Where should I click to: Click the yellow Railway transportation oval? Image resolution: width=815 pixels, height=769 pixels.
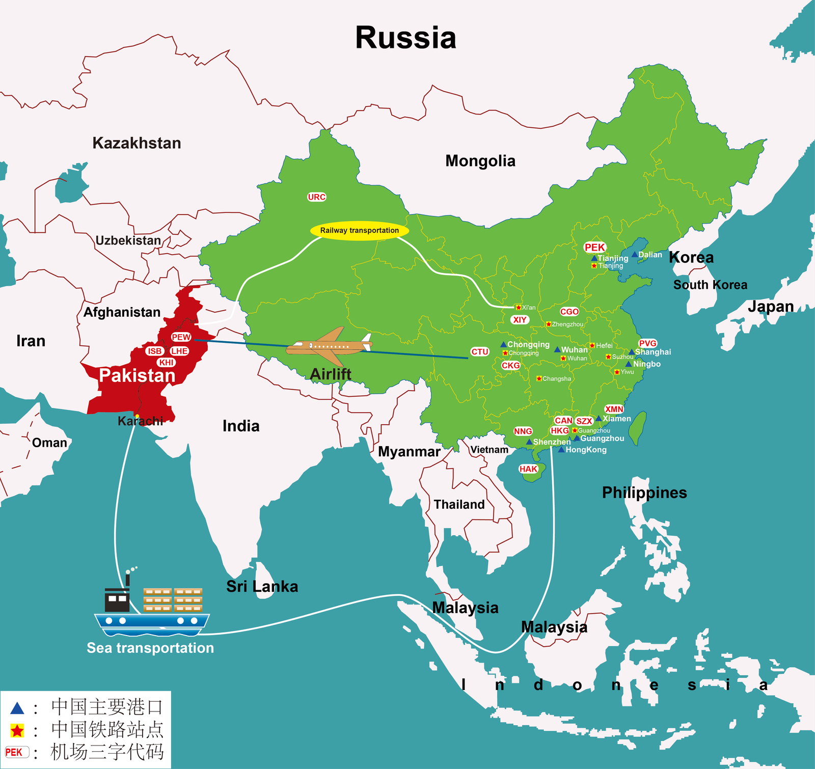(359, 230)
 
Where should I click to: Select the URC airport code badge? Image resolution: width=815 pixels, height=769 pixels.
(316, 197)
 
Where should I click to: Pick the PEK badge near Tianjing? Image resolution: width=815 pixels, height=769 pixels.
(594, 247)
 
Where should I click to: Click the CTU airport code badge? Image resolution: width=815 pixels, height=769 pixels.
(479, 351)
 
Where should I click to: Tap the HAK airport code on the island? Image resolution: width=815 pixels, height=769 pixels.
(528, 469)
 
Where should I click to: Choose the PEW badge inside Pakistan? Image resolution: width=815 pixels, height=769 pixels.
(181, 337)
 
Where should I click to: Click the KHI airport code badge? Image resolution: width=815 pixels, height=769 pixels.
(167, 363)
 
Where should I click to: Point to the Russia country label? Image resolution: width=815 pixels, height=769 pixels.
(405, 38)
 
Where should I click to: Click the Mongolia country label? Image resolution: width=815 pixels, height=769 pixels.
(480, 161)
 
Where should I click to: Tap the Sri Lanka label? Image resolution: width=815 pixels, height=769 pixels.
(262, 586)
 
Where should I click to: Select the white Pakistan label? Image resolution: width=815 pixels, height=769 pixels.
(137, 375)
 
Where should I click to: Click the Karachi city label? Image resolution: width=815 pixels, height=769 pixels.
(140, 421)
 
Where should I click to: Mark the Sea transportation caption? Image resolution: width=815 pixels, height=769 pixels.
(150, 648)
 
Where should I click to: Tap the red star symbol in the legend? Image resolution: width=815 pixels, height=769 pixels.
(17, 731)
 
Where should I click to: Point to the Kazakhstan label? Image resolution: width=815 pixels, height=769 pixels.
(137, 143)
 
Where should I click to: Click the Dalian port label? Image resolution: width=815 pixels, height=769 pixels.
(650, 255)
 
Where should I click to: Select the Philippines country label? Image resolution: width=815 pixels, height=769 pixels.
(644, 492)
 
